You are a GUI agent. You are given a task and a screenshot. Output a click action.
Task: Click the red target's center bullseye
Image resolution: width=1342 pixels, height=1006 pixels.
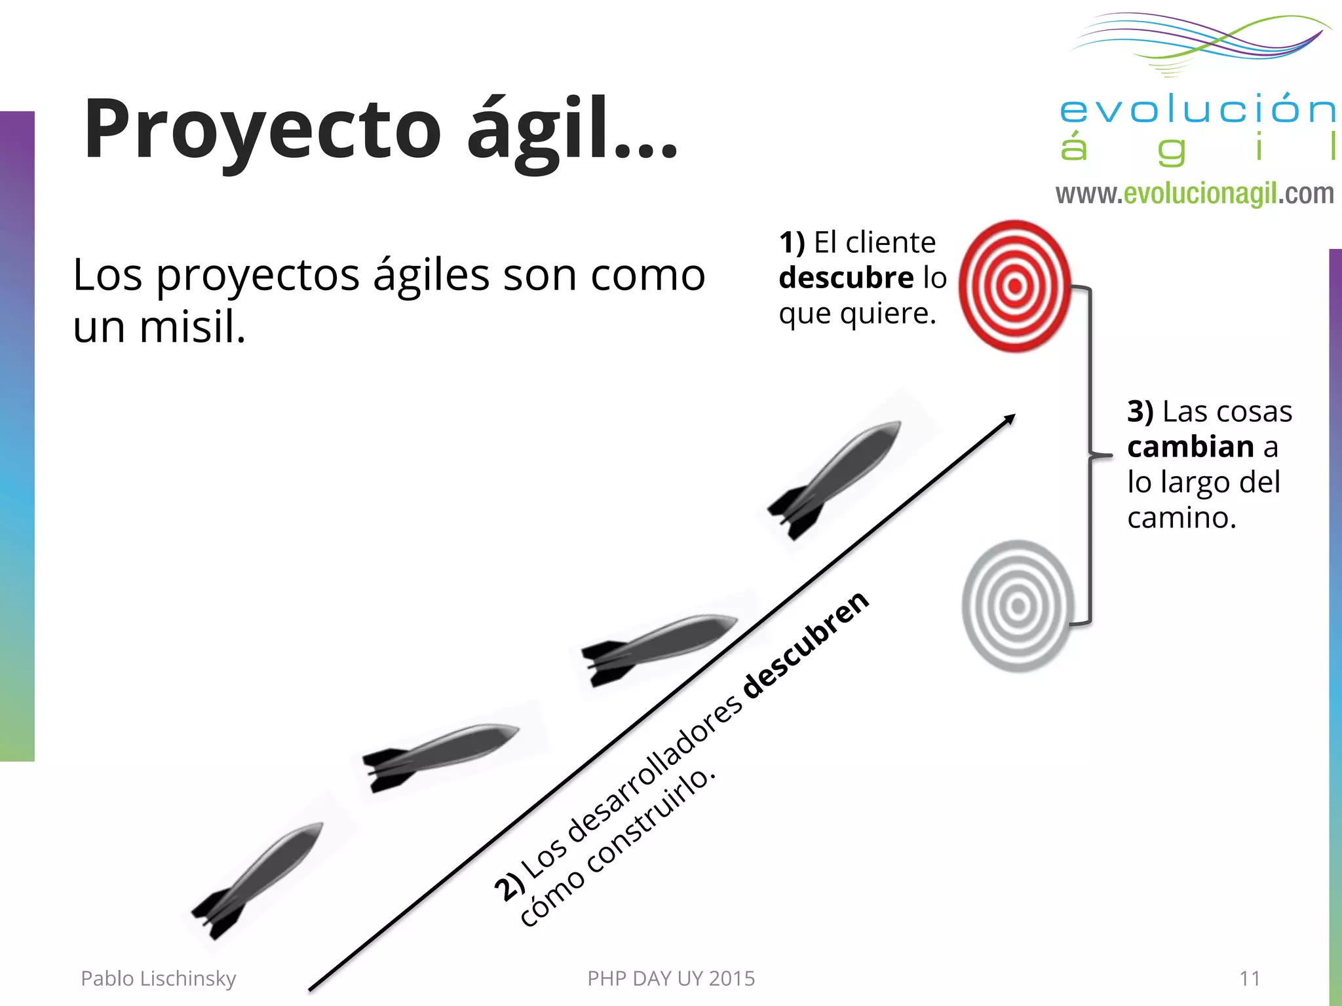click(1015, 286)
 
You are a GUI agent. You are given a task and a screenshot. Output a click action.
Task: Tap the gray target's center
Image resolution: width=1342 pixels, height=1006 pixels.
click(1018, 606)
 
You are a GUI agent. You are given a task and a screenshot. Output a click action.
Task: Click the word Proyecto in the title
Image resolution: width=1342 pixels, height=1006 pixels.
click(262, 129)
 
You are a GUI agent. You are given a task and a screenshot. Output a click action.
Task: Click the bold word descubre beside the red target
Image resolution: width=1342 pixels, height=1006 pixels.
click(846, 278)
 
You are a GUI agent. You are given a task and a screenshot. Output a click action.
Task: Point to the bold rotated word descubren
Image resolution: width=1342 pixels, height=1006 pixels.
click(807, 646)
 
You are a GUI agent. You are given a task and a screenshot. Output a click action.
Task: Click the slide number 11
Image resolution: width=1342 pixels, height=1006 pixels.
click(1250, 978)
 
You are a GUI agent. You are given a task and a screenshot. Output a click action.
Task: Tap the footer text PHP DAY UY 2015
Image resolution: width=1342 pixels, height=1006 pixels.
click(671, 978)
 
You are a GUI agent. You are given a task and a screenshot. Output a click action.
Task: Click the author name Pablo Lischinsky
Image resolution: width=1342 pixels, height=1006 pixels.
click(158, 978)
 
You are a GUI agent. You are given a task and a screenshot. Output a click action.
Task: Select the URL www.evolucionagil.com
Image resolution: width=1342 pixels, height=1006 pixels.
click(1194, 194)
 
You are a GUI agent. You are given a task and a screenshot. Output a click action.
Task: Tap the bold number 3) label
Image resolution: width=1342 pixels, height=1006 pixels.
click(1140, 412)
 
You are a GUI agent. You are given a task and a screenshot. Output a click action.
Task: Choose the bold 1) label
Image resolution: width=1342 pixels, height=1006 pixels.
click(792, 243)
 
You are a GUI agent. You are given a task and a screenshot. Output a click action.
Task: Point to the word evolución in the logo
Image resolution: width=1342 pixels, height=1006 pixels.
click(1197, 110)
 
